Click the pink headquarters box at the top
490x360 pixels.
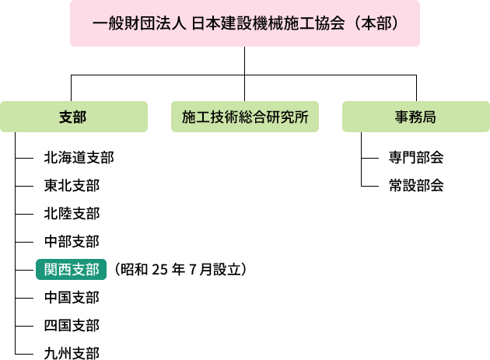click(245, 23)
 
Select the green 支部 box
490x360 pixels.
click(74, 117)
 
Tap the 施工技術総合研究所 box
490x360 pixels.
click(245, 117)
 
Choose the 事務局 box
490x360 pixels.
click(416, 117)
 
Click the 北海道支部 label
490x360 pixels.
click(79, 158)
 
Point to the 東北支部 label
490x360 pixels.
click(72, 186)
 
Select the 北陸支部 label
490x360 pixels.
click(72, 214)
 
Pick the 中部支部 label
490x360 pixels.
click(72, 242)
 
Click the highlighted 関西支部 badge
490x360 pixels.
click(72, 269)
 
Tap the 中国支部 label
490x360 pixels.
click(72, 298)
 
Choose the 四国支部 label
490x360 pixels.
click(72, 326)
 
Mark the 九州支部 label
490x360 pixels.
click(72, 353)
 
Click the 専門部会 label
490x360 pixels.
click(416, 158)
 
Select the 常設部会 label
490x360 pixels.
click(416, 186)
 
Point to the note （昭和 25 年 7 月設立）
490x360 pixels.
click(180, 269)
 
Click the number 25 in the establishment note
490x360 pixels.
click(159, 269)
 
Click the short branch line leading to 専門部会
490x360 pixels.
click(370, 158)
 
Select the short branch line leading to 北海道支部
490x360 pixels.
click(24, 158)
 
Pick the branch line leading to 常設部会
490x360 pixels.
click(370, 187)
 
